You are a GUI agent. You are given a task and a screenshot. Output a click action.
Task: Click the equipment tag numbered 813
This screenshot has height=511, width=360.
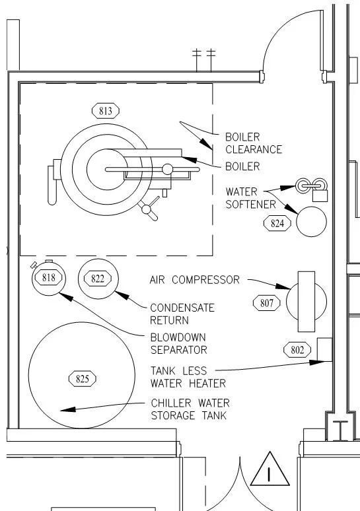105,111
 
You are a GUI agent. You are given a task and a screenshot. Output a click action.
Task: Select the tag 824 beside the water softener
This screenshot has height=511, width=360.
277,223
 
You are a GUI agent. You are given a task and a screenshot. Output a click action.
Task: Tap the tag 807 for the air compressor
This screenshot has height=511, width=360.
267,303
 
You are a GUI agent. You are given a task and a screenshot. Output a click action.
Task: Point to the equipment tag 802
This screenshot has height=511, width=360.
297,349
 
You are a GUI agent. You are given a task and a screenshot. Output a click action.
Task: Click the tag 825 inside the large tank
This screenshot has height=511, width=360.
83,378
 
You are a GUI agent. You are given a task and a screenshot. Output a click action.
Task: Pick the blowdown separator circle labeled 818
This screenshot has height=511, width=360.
48,278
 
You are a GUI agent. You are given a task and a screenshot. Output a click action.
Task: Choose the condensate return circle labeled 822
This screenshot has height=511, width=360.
97,279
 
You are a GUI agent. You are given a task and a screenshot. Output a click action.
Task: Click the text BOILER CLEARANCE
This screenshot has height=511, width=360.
253,143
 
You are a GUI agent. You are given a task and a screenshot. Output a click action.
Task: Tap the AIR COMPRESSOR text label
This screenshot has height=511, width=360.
195,280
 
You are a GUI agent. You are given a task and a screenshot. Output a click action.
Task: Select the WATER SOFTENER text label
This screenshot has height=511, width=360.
250,198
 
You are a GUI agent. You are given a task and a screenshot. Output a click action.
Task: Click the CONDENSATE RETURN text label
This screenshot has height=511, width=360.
182,314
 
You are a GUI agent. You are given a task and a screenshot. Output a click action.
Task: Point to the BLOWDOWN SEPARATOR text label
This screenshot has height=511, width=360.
178,343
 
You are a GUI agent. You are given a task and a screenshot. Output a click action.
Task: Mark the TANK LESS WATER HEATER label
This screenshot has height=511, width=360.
188,377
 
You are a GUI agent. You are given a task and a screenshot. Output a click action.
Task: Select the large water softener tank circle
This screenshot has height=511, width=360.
311,221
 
